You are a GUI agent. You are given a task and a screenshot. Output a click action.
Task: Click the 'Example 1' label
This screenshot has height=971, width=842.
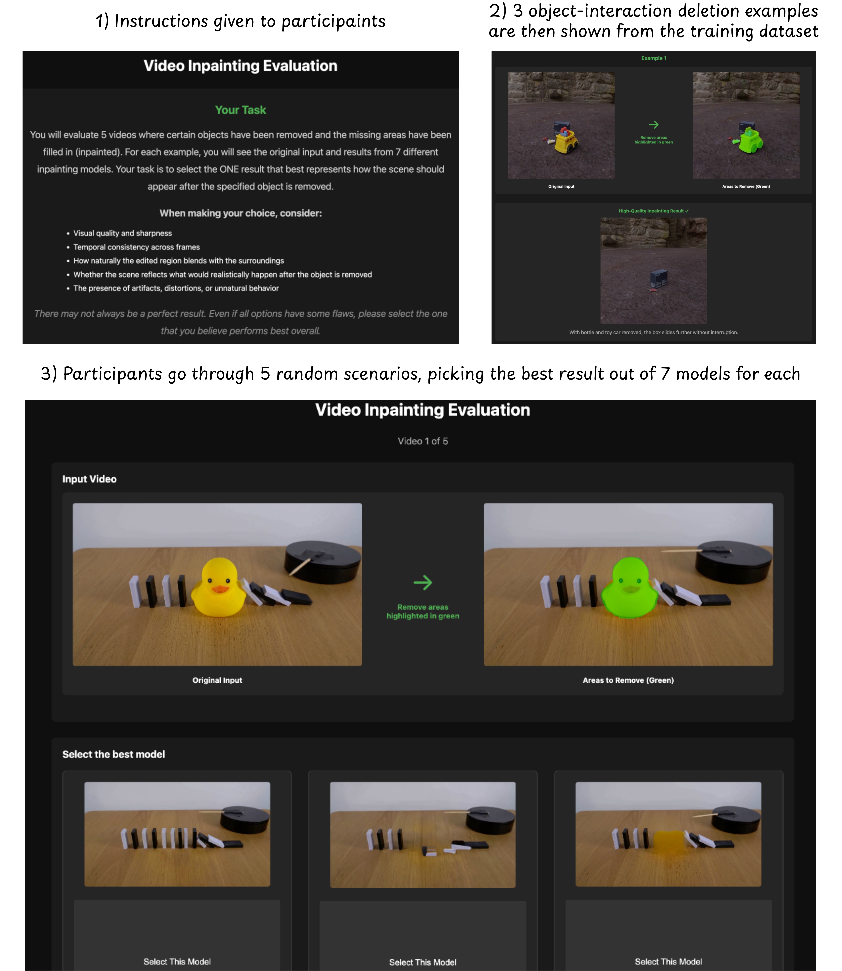click(x=653, y=58)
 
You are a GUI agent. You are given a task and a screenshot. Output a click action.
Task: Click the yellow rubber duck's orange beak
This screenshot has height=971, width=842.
click(x=219, y=589)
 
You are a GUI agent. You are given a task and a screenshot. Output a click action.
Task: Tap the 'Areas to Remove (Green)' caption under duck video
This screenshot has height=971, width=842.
click(x=628, y=680)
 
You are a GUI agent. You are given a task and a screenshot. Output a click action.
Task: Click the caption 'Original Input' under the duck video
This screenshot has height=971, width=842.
click(x=217, y=680)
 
